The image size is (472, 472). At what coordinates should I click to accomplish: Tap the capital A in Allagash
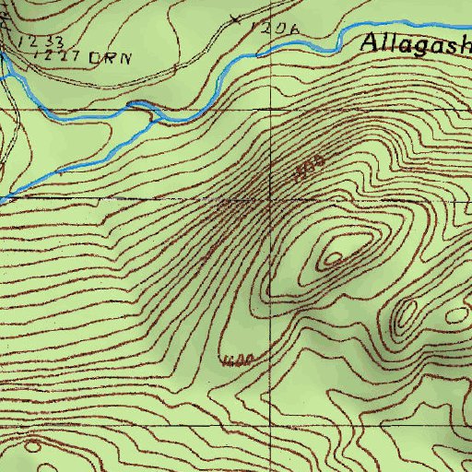click(x=371, y=41)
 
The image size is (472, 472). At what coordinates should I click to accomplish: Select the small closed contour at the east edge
click(x=457, y=314)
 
